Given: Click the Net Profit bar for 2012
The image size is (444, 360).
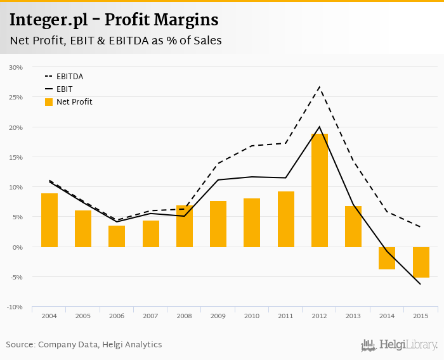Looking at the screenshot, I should point(320,190).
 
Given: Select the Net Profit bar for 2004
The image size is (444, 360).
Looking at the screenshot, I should point(49,220).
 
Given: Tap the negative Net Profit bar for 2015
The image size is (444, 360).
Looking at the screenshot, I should point(421,262).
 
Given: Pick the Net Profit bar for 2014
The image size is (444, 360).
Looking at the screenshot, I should point(387,258).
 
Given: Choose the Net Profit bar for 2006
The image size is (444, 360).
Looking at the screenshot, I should point(117,236).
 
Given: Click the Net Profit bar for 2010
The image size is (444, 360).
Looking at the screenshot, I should point(252,222).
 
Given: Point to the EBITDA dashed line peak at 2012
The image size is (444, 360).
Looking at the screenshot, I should point(320,86).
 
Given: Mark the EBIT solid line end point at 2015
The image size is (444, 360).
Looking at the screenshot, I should point(421,284).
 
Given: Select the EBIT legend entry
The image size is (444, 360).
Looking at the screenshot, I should point(64,89).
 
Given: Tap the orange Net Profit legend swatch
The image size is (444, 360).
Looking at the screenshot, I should point(49,101).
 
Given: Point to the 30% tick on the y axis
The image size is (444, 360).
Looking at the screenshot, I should point(16,67).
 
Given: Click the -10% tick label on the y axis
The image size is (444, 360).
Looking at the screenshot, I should point(15,307).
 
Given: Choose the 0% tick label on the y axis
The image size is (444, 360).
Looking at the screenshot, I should point(17,247).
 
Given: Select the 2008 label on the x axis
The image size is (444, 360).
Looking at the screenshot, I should point(185,316).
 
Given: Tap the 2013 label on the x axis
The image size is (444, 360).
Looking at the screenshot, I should point(353,316).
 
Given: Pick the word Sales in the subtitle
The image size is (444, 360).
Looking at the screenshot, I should point(207,41).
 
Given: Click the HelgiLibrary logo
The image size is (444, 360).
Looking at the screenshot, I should point(399,345).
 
